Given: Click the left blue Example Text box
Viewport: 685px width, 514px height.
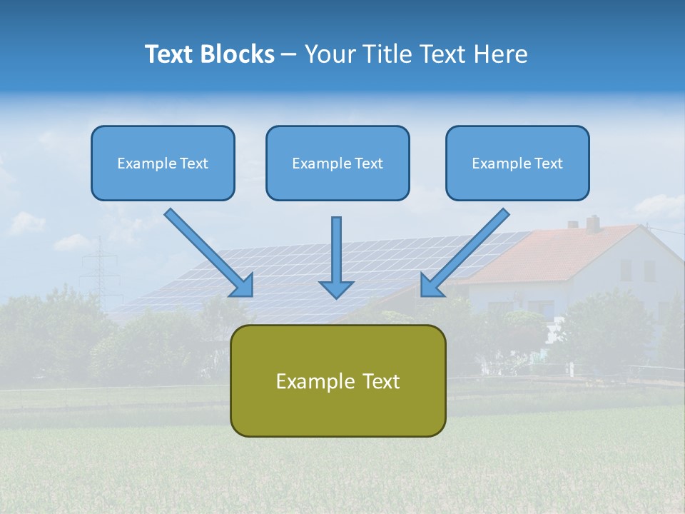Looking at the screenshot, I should tap(163, 163).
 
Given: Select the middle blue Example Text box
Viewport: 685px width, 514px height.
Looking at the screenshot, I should tap(338, 163).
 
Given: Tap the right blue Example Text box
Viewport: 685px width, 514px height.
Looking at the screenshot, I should tap(517, 163).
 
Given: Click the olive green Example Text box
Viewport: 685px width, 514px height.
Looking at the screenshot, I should tap(338, 381).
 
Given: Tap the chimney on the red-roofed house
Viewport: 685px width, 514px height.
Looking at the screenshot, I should tap(592, 223).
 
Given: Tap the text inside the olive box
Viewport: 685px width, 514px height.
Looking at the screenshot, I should tap(338, 381).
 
